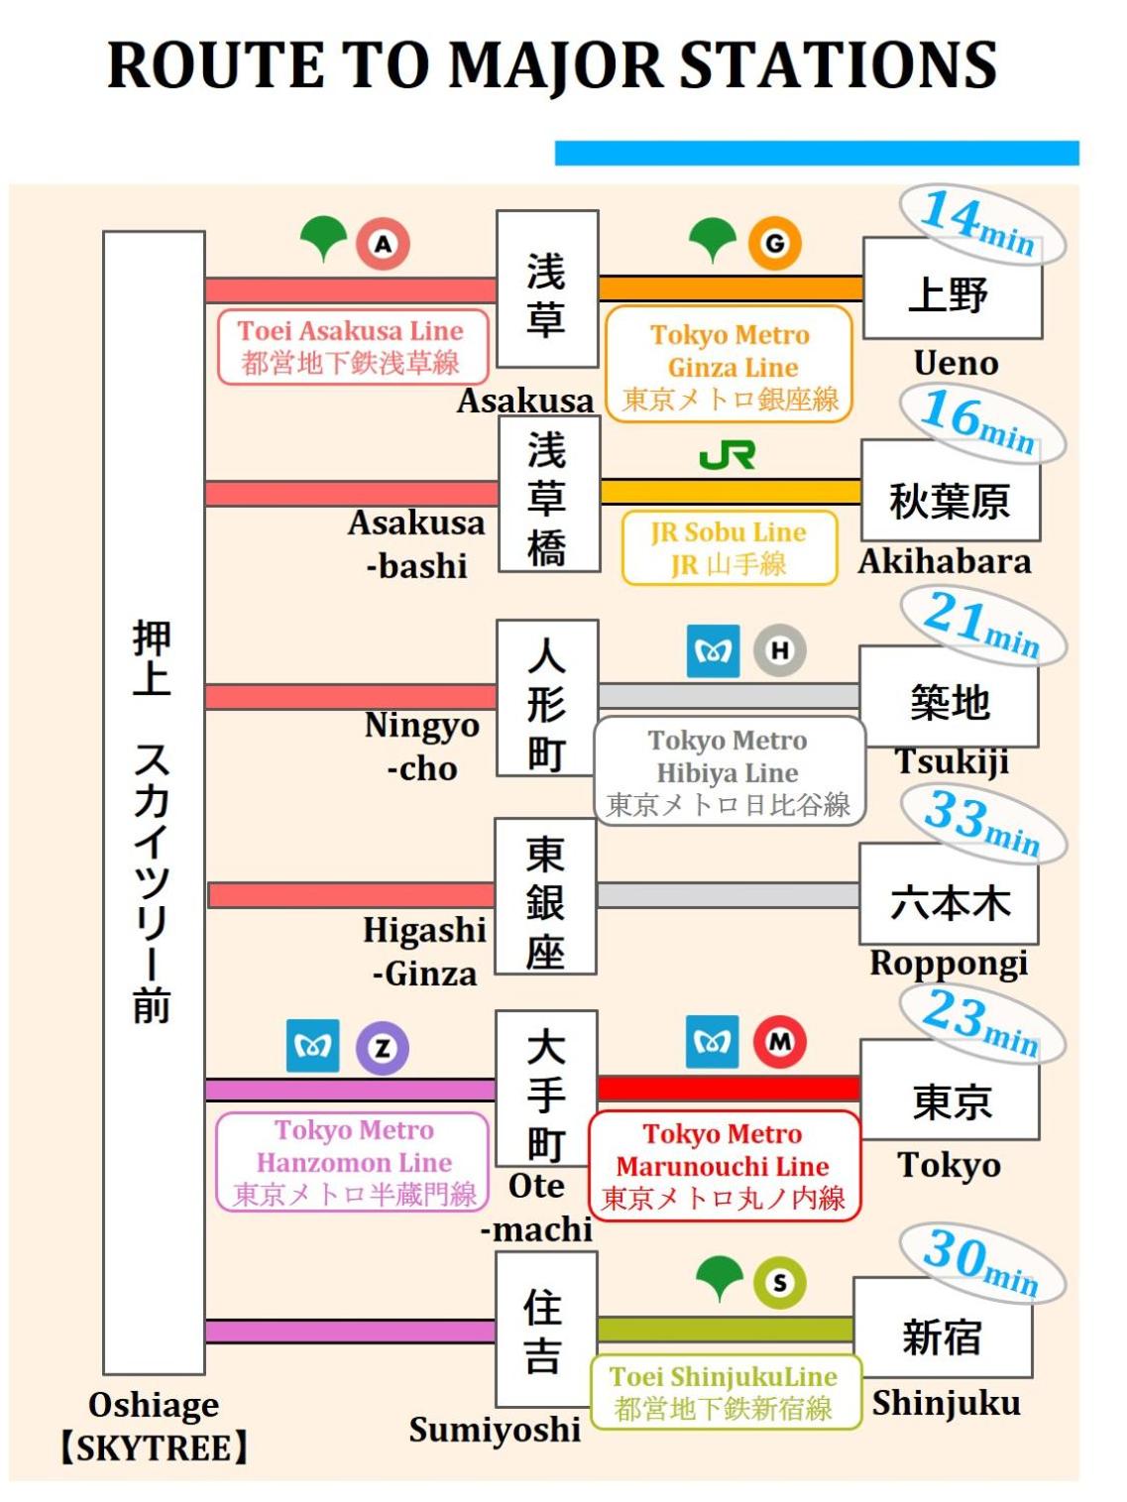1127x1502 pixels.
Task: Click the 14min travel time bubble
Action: (x=981, y=226)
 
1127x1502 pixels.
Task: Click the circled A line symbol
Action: (x=383, y=244)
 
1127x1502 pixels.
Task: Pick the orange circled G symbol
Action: (x=774, y=244)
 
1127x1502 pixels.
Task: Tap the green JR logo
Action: (x=727, y=455)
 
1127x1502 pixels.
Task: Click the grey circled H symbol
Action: (x=780, y=650)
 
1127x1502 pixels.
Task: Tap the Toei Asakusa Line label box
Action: (x=353, y=347)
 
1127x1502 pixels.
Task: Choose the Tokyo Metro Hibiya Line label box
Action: (x=730, y=771)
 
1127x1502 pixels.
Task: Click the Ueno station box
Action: (x=953, y=289)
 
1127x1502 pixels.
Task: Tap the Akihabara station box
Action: (x=951, y=490)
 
